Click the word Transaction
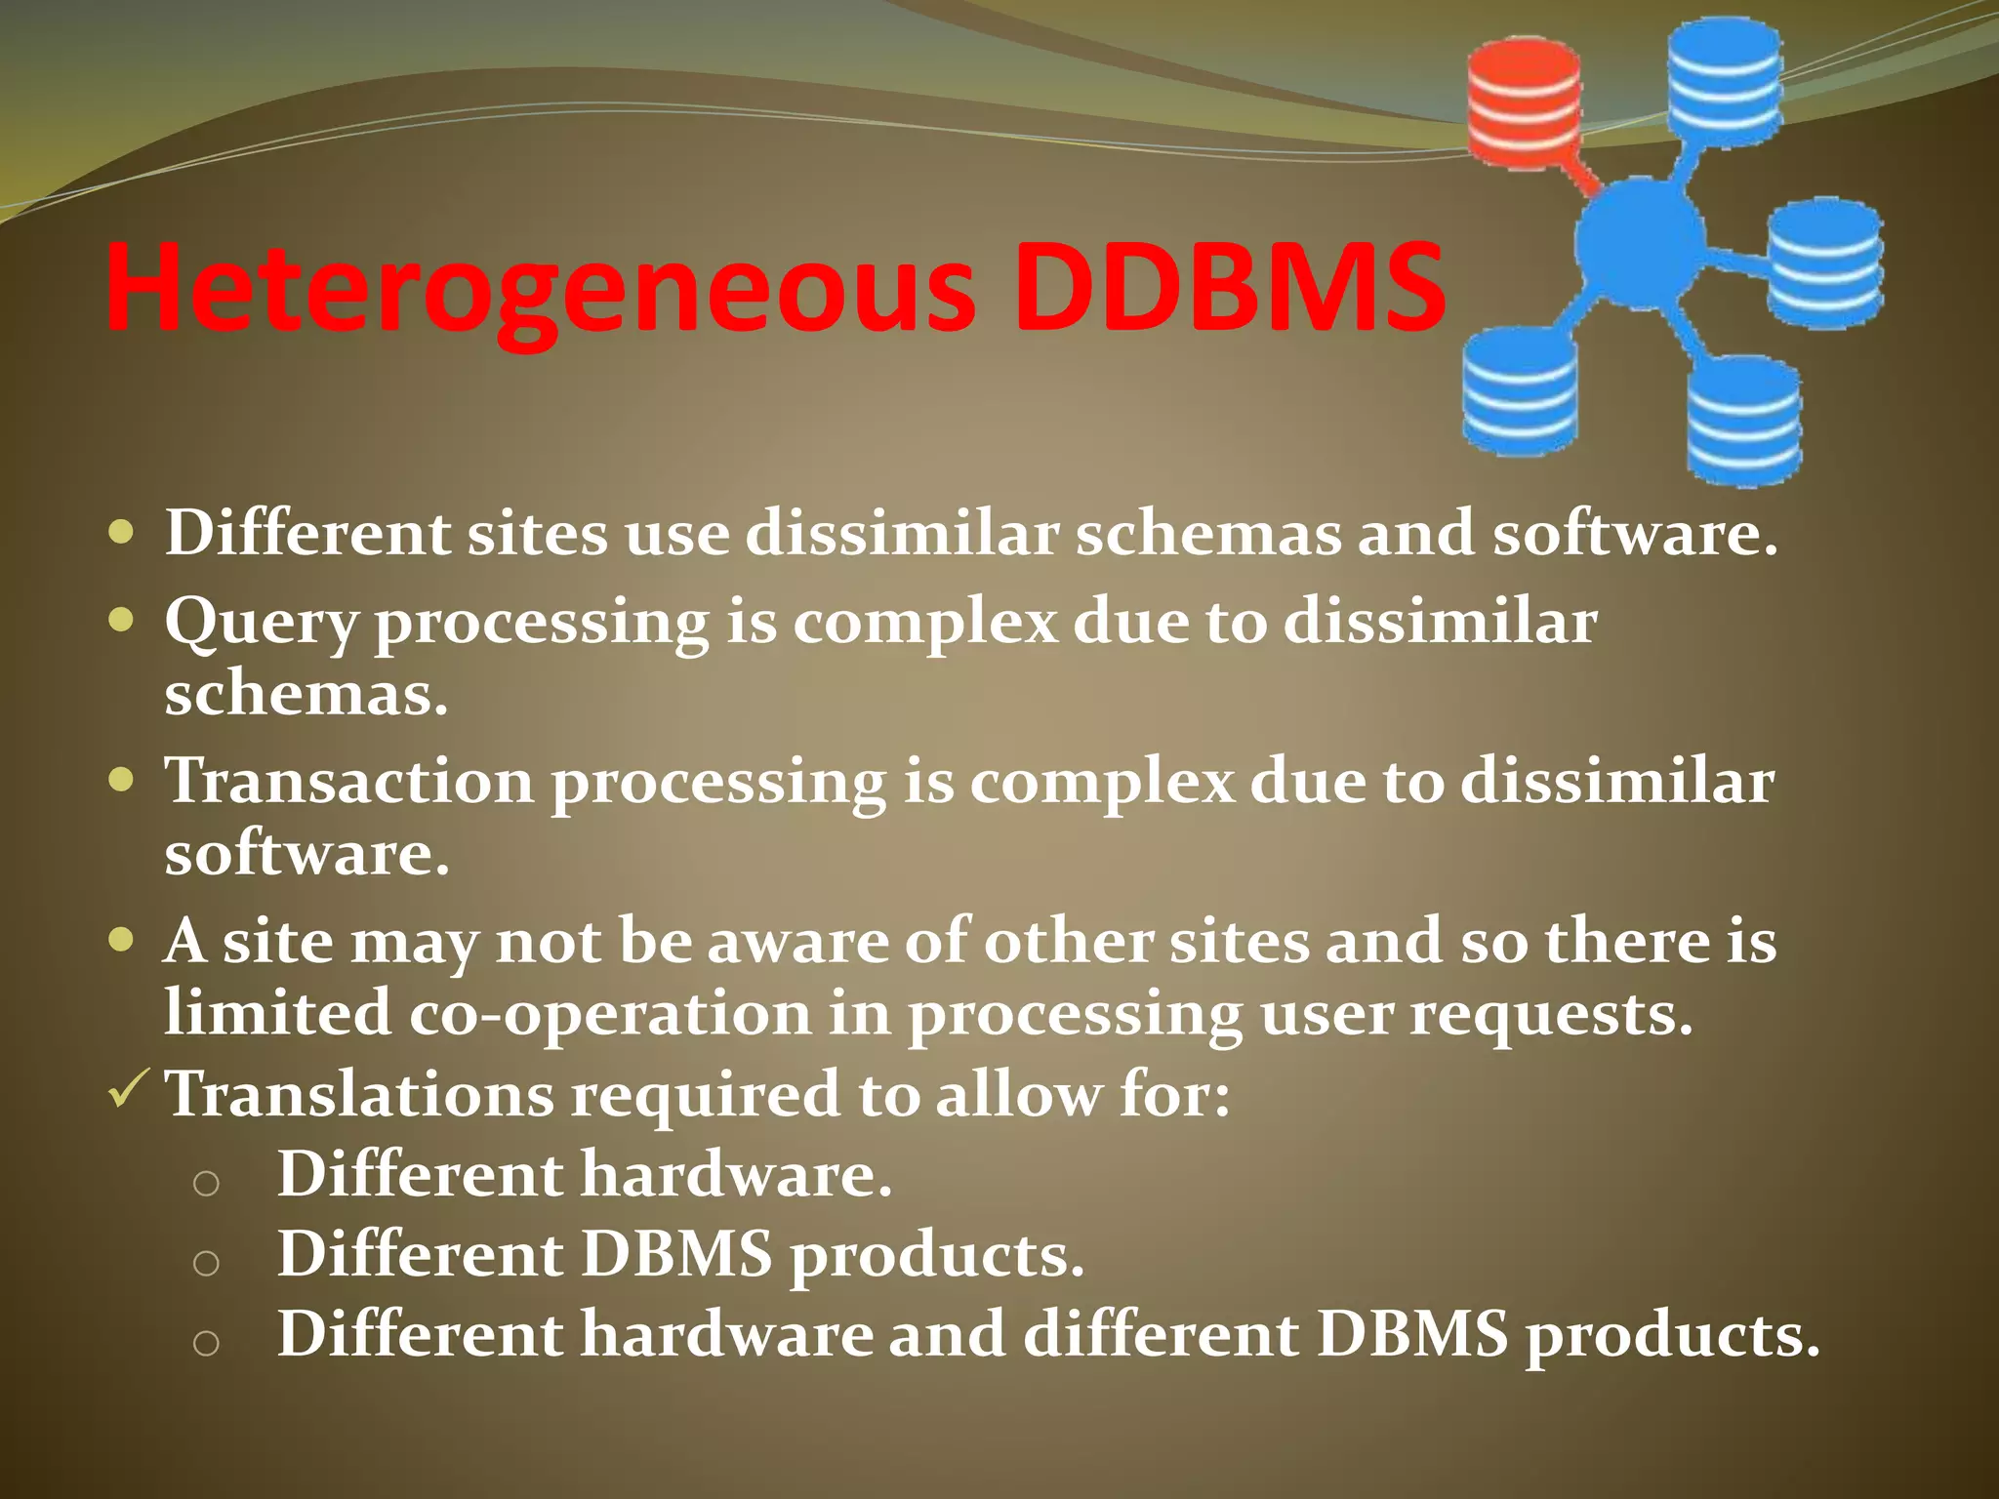pos(348,782)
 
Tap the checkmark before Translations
pos(128,1089)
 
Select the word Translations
pos(359,1094)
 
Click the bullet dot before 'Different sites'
pos(121,535)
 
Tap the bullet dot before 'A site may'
pos(121,941)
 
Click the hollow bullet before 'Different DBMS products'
pos(206,1264)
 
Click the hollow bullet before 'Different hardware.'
pos(206,1183)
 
